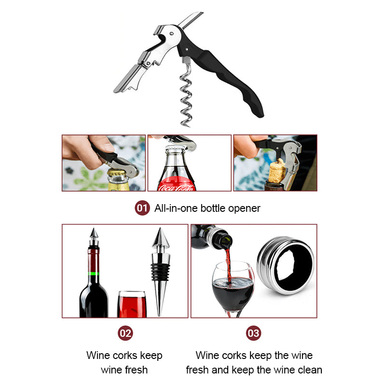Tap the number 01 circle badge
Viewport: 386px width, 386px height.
point(142,208)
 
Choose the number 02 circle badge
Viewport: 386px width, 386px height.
point(125,333)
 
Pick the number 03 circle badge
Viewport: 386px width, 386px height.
point(253,333)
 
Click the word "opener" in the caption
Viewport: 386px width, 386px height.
point(245,208)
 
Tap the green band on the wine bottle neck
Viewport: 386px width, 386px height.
point(93,274)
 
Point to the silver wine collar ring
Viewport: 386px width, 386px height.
point(285,265)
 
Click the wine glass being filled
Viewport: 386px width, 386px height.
point(233,287)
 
